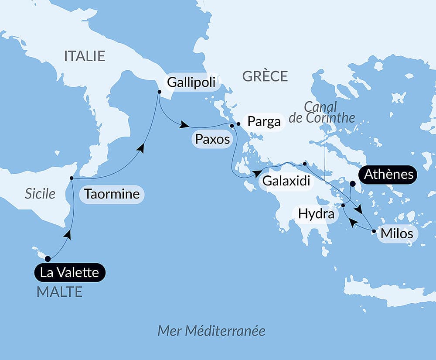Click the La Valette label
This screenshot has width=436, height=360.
[70, 273]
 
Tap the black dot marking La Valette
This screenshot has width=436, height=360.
[48, 259]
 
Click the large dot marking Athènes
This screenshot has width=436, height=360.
[353, 184]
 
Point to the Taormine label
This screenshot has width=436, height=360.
[112, 194]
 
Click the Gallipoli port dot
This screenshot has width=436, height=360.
[159, 92]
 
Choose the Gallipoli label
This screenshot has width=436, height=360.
[191, 82]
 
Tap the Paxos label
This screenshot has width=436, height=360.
[212, 139]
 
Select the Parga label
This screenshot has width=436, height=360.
[264, 121]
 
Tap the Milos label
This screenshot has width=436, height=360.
[397, 233]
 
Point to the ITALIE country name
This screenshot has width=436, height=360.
[85, 56]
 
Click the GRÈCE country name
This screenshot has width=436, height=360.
[265, 76]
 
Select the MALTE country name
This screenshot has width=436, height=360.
[60, 292]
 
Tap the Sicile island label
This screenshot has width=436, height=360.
[40, 193]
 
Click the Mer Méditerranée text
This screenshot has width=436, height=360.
[211, 330]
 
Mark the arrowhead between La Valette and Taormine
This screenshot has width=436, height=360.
[67, 235]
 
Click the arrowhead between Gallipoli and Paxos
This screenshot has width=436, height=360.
[185, 126]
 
